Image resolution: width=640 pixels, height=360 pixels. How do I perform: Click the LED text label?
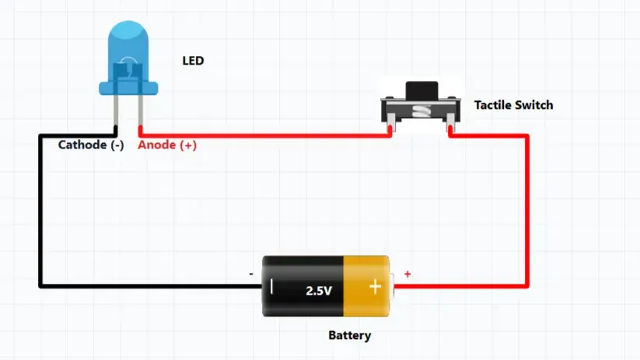193,61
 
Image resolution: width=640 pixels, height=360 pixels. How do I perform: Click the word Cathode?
82,145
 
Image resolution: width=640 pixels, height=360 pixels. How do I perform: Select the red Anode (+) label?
167,145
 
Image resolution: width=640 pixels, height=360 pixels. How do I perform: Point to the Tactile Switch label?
513,105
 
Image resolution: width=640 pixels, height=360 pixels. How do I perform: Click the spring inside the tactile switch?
421,110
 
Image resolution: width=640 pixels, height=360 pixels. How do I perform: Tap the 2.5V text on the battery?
319,291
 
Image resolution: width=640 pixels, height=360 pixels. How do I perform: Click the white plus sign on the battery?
375,287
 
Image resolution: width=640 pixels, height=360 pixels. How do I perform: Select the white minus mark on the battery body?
271,286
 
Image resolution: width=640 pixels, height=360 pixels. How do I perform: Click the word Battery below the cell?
349,336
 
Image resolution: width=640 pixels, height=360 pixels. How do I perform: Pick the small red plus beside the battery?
407,274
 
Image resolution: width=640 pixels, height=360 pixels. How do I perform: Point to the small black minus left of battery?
251,274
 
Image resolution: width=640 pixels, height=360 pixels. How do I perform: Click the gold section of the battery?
366,286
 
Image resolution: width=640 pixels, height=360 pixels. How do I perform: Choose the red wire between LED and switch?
265,135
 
